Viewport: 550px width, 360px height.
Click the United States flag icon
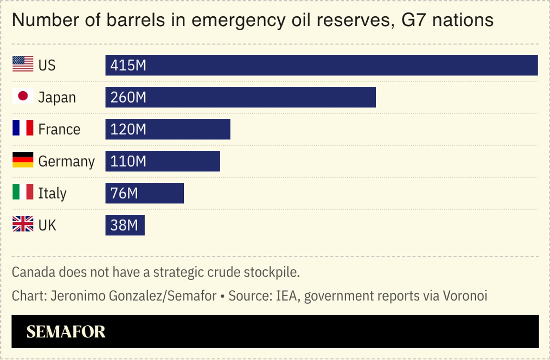23,64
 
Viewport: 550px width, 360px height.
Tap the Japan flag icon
23,96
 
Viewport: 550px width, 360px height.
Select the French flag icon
23,128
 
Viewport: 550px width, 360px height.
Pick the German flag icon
23,160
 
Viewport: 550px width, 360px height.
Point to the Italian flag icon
23,192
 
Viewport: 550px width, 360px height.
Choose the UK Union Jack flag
23,224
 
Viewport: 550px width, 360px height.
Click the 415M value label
128,65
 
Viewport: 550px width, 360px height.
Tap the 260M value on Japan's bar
128,97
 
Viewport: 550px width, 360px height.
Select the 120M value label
128,129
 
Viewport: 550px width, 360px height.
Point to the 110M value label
128,161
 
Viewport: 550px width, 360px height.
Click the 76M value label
124,193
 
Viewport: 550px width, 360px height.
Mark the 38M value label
124,225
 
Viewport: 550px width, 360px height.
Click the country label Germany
66,162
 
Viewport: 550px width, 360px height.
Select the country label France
59,129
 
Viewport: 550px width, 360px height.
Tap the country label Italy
52,194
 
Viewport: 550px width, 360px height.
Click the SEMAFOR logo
66,332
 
